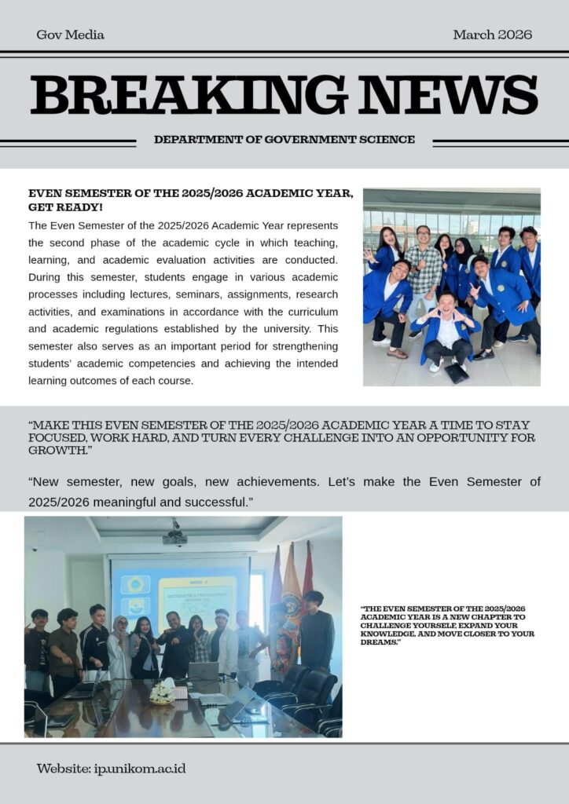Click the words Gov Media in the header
(70, 35)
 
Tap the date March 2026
(492, 35)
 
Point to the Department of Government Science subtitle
(284, 140)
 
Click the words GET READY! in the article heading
(65, 207)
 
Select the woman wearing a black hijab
(461, 263)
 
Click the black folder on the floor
(456, 373)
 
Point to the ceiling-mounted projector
(174, 537)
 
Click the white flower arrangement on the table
(163, 692)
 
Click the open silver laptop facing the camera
(204, 671)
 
